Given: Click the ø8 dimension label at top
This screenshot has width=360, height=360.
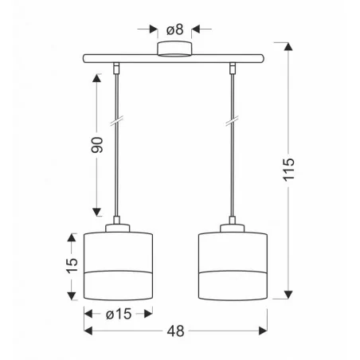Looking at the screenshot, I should tap(175, 29).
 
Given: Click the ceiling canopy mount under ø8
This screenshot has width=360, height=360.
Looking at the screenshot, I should tap(174, 50).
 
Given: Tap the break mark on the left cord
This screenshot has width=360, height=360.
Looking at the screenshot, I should tap(118, 123).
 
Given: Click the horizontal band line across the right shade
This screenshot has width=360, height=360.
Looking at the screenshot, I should tap(233, 272).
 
